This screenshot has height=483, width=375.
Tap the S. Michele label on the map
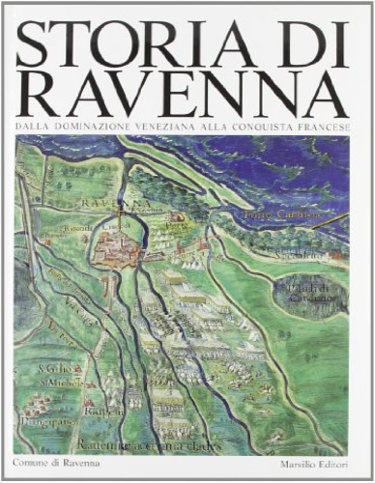click(x=49, y=381)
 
